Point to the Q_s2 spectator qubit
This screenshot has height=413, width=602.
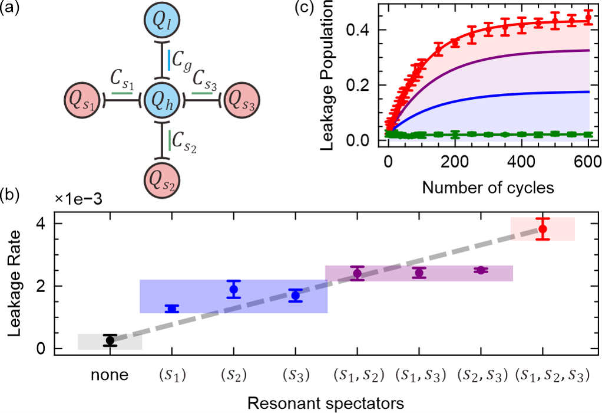tap(162, 180)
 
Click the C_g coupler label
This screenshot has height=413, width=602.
tap(181, 61)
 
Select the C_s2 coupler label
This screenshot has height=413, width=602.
tap(184, 142)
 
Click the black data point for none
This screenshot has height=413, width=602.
tap(110, 340)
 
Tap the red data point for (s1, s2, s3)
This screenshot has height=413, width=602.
tap(543, 229)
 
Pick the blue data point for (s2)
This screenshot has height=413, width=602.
tap(233, 289)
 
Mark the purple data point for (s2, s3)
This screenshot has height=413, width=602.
tap(481, 270)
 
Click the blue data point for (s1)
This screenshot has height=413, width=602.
tap(172, 309)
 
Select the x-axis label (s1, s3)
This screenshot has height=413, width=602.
tap(421, 375)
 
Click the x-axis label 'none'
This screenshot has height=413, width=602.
tap(110, 375)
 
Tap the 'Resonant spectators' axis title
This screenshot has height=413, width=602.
tap(326, 404)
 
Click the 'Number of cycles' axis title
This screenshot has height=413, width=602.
tap(488, 188)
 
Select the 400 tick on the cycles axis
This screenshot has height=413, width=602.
tap(521, 162)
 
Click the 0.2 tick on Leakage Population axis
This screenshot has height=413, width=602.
tap(358, 85)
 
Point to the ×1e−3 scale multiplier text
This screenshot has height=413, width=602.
tap(78, 199)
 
